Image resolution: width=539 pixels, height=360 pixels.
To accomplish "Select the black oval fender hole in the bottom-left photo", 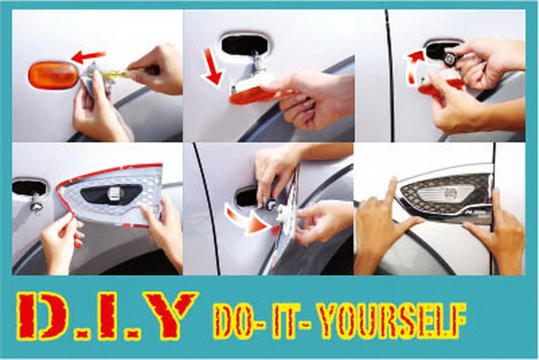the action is click(x=29, y=187).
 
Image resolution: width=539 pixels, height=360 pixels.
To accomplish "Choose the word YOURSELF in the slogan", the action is click(x=391, y=320).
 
